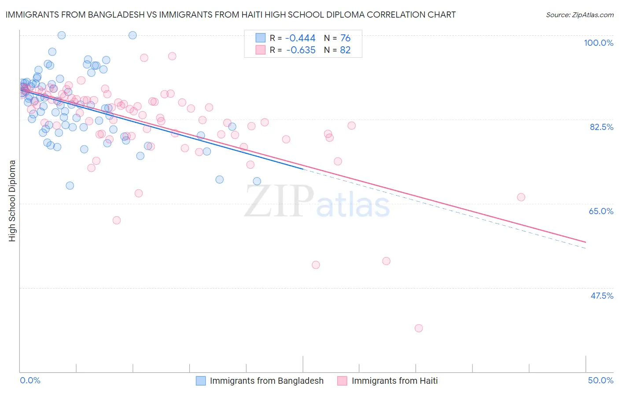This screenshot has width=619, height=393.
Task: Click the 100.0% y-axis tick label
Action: coord(598,43)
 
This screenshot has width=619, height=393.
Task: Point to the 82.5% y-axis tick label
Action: coord(601,127)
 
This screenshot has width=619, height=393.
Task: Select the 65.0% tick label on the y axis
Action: coord(601,211)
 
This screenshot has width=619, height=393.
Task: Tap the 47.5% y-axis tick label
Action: coord(601,296)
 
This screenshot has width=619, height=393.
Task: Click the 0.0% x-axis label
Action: coord(30,380)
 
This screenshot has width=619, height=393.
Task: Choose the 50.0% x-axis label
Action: coord(601,380)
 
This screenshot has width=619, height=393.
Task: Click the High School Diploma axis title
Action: coord(12,200)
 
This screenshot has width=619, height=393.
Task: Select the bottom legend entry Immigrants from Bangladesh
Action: coord(266,381)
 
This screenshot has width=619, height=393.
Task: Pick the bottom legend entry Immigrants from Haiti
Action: coord(394,381)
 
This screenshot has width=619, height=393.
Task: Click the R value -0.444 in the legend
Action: coord(301,38)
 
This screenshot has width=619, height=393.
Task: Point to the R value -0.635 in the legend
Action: coord(301,50)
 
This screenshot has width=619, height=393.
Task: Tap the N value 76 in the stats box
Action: coord(345,38)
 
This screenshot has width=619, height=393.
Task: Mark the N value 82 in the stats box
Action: coord(345,50)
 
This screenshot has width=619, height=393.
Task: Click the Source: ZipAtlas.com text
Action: coord(579,15)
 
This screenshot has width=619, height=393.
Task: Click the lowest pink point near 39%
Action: coord(419,328)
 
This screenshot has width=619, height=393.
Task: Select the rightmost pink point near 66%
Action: coord(521,197)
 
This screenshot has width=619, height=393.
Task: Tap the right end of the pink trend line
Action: coord(586,242)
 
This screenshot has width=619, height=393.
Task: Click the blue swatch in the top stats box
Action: coord(261,38)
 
